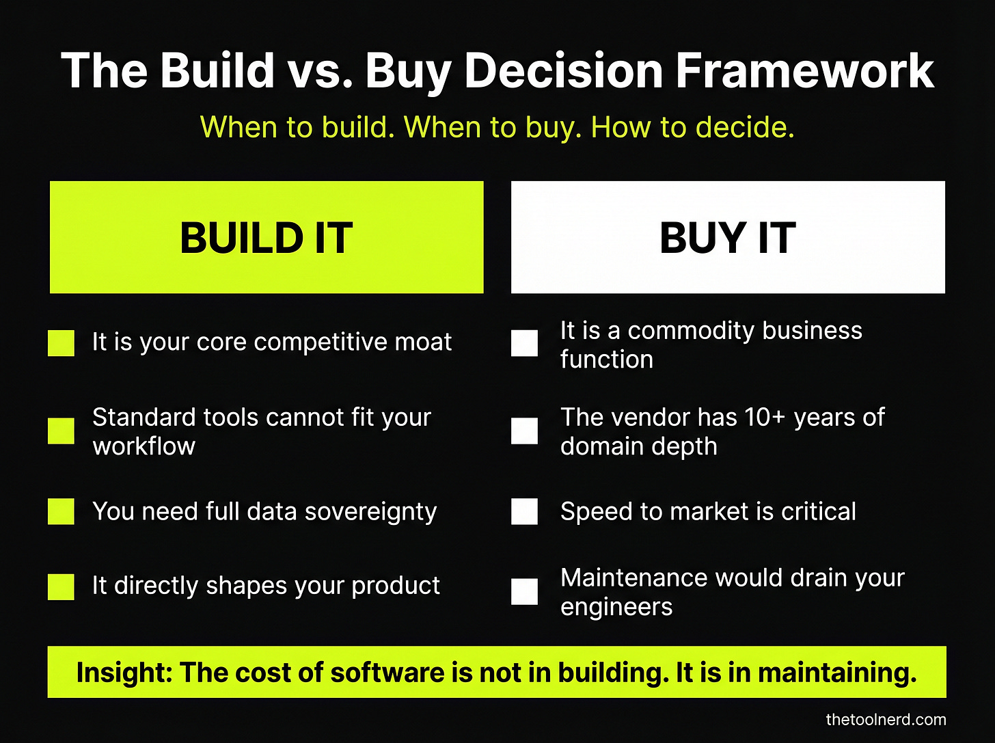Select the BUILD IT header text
click(266, 238)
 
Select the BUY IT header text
click(727, 238)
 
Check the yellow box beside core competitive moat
click(61, 343)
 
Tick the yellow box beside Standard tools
click(61, 431)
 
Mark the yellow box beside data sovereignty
click(61, 511)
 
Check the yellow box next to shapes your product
click(61, 586)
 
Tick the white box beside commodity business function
click(524, 343)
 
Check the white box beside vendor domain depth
click(524, 431)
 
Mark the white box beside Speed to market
click(524, 511)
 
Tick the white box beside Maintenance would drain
click(524, 592)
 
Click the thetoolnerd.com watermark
click(886, 719)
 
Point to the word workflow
click(144, 446)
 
